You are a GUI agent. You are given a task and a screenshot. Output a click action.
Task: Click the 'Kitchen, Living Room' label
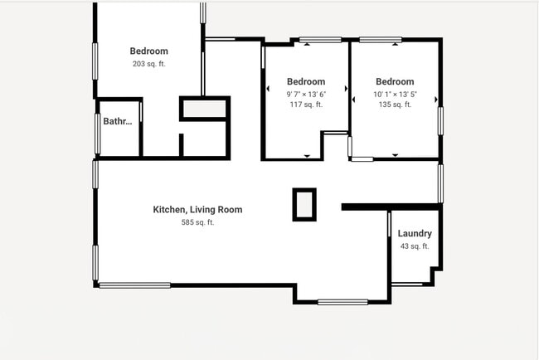(197, 210)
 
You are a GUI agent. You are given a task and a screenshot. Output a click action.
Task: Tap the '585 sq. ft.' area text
(197, 222)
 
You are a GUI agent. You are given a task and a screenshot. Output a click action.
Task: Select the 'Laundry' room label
(414, 234)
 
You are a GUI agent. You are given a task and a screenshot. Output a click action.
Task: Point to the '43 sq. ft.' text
(414, 246)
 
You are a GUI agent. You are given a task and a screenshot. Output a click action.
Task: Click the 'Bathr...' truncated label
(118, 122)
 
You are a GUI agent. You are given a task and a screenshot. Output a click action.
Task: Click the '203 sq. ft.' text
(148, 64)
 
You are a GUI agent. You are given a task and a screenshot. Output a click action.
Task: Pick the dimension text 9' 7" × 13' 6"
(306, 94)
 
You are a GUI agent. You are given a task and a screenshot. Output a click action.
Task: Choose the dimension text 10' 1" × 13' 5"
(395, 94)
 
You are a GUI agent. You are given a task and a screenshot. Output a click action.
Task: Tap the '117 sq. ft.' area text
(306, 105)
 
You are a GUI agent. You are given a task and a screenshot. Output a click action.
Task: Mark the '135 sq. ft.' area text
(395, 105)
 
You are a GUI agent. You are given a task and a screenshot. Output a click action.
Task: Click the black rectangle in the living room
(304, 204)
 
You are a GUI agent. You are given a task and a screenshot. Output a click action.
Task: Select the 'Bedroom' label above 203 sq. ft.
(148, 51)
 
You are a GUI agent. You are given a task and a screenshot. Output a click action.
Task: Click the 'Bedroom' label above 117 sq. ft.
(306, 81)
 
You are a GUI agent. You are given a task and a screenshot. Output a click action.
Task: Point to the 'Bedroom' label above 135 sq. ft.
(395, 81)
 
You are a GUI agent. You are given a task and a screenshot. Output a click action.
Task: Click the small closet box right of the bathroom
(204, 109)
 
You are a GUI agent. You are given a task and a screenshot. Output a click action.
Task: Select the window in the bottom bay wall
(342, 302)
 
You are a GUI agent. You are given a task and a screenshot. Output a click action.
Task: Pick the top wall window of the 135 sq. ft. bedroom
(381, 40)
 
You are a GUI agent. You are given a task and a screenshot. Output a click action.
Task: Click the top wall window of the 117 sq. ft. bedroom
(320, 40)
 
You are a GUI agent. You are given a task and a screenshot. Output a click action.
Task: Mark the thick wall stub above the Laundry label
(390, 207)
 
